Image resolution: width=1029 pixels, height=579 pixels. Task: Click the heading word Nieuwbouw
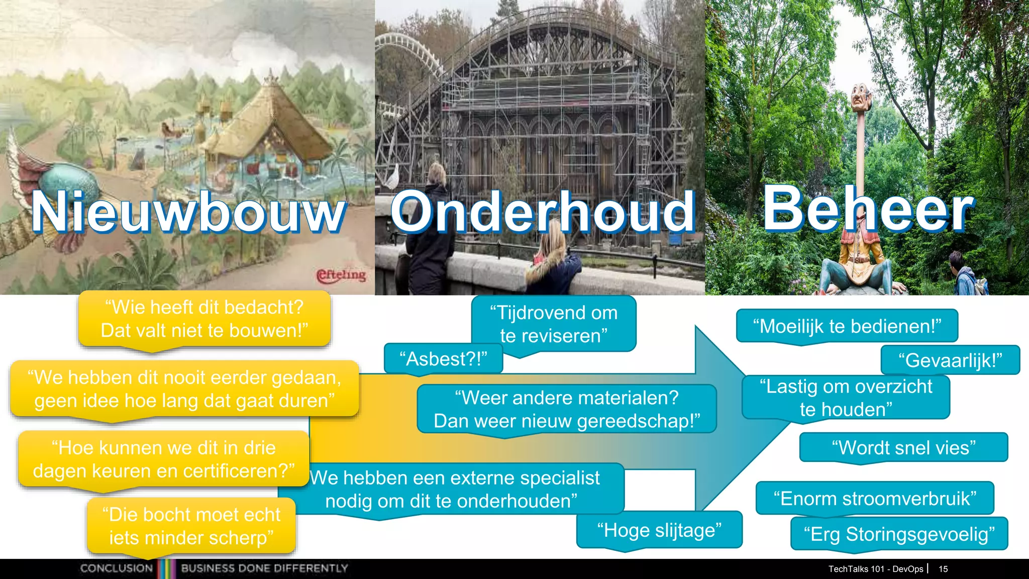pos(188,212)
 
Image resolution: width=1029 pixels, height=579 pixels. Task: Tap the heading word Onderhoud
pos(543,212)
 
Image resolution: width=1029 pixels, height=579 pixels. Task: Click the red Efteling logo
pos(341,275)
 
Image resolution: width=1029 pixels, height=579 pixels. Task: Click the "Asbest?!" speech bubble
pos(443,359)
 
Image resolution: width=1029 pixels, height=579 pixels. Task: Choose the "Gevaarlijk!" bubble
pos(950,360)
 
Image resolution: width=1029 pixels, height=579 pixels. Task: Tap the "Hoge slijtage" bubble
pos(659,530)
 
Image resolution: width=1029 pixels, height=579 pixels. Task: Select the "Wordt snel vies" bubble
pos(903,447)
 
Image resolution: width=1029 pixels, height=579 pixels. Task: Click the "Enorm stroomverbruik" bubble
pos(875,499)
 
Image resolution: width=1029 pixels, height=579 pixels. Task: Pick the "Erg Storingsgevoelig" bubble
pos(899,534)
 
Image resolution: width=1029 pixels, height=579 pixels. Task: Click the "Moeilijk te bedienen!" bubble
pos(847,326)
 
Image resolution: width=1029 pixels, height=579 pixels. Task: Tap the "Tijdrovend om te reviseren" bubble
pos(554,324)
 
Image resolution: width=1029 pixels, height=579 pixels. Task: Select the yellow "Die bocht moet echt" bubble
pos(191,526)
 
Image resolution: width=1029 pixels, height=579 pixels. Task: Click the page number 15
pos(943,569)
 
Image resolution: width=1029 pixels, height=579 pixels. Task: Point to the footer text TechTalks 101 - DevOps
pos(875,569)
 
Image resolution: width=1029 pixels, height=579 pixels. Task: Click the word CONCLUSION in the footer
pos(117,568)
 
